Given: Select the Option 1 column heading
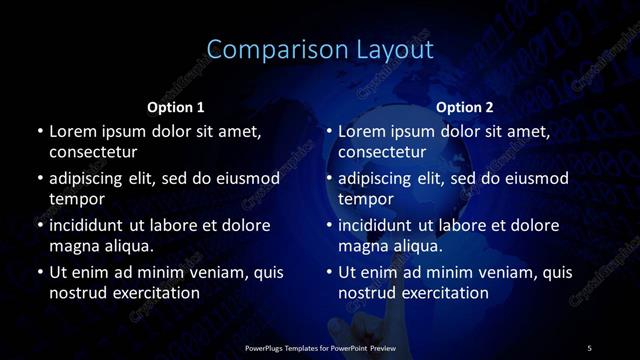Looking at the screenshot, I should click(x=176, y=107).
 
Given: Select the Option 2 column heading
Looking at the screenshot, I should click(x=465, y=107).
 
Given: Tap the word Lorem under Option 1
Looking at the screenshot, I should click(x=72, y=131).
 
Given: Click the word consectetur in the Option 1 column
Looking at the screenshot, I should click(x=93, y=152).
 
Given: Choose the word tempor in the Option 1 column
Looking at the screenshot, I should click(x=76, y=199).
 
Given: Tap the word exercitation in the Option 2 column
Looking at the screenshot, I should click(x=442, y=293).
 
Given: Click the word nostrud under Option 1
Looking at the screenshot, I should click(x=76, y=293).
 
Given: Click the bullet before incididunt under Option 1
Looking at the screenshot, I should click(x=39, y=225).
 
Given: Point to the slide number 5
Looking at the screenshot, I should click(x=589, y=347).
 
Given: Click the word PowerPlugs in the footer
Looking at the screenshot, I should click(x=267, y=347).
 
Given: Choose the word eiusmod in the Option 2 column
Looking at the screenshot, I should click(x=535, y=179).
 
